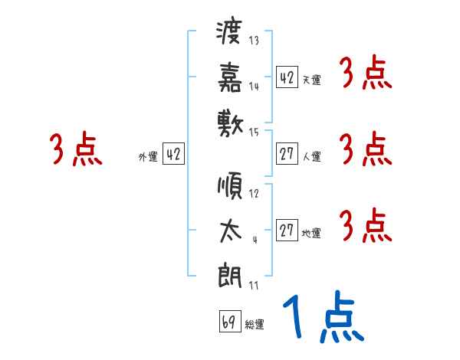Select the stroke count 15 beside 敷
tap(254, 132)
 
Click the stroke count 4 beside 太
tap(254, 239)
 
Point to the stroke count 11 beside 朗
tap(254, 286)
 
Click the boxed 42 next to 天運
tap(287, 77)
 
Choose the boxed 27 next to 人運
tap(287, 153)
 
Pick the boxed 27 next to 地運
tap(287, 230)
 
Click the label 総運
tap(255, 325)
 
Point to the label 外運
tap(148, 157)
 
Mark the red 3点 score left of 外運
tap(76, 150)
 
